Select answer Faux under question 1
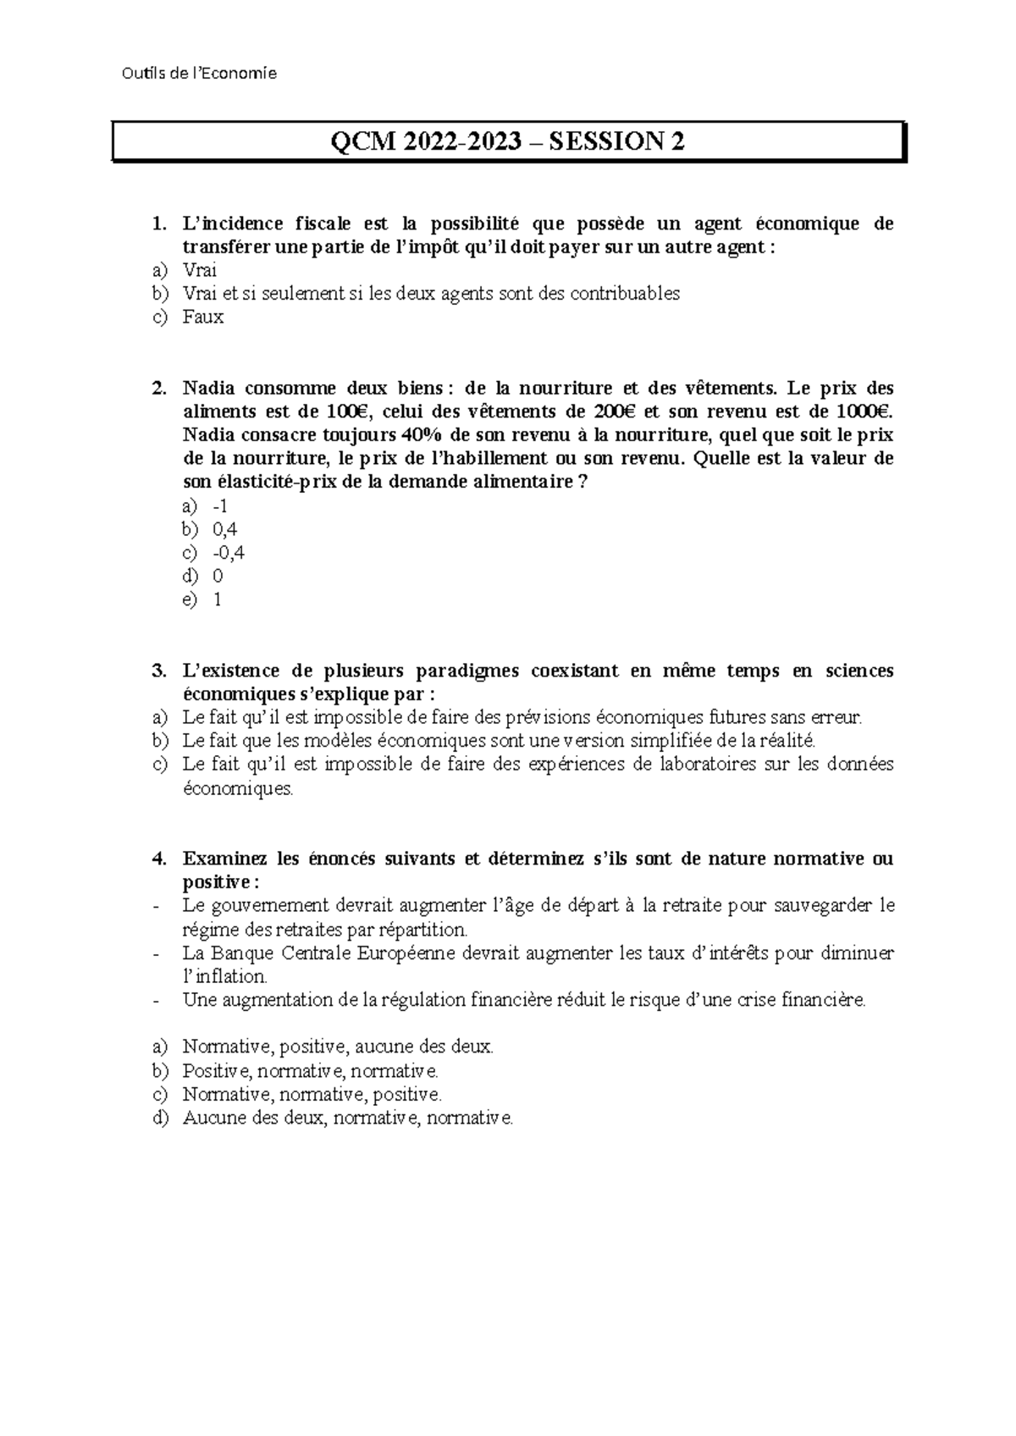coord(202,318)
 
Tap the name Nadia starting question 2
coord(207,389)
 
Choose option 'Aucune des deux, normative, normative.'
coord(347,1118)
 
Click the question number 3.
coord(157,671)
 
